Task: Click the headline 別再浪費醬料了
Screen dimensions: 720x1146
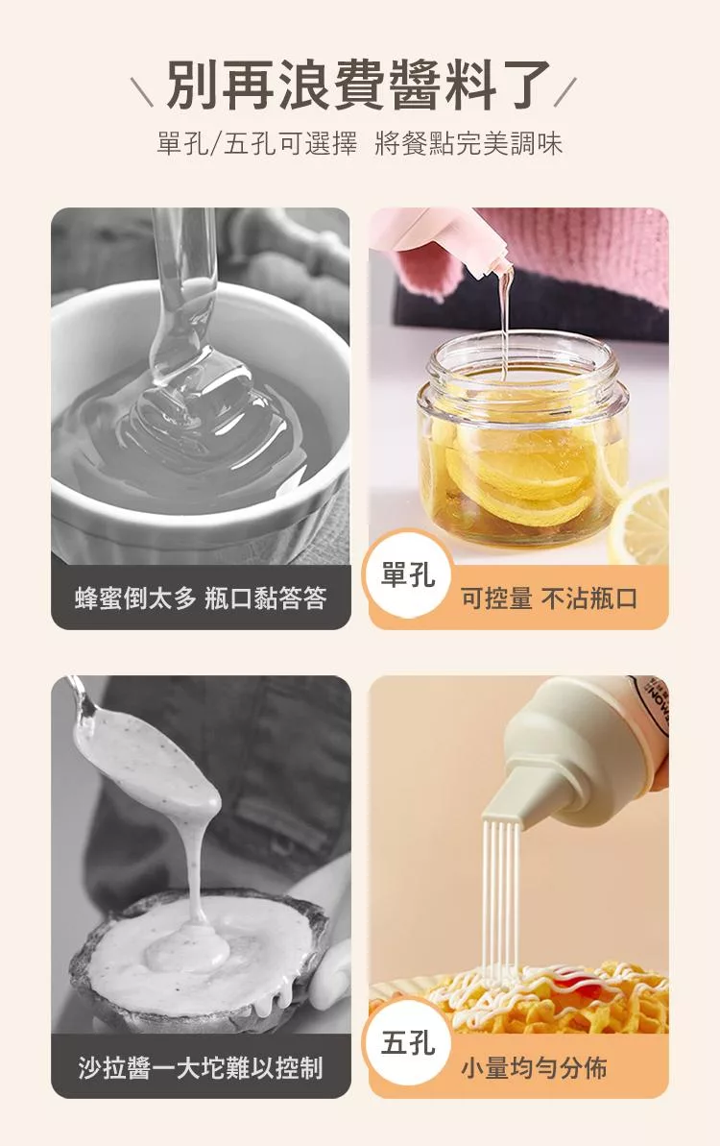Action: pos(359,85)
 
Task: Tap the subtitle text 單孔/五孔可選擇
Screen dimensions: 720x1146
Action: pos(257,143)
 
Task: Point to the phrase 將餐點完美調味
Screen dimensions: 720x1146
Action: pos(468,143)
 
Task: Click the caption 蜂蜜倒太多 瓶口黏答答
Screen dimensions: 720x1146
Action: pos(201,598)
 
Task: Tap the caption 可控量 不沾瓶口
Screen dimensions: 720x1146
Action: pos(549,598)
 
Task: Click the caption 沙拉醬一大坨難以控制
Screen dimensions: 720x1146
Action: pos(201,1068)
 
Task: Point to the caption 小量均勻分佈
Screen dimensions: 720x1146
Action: pos(534,1068)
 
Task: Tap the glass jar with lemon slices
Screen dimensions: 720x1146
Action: pos(521,439)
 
